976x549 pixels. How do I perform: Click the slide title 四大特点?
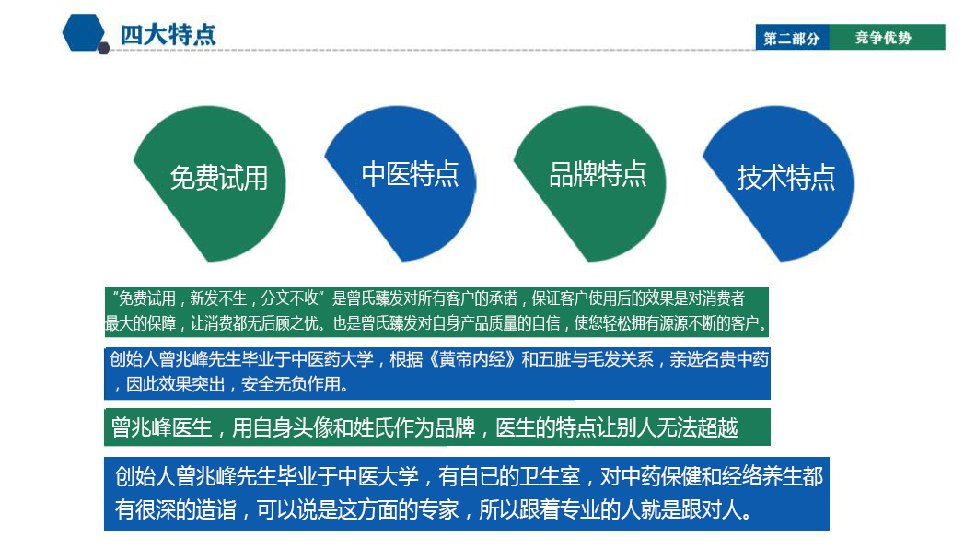(x=168, y=35)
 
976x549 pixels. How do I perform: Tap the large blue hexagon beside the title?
(x=84, y=31)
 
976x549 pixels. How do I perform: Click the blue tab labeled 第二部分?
(x=792, y=38)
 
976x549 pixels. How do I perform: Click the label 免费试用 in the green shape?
(x=219, y=178)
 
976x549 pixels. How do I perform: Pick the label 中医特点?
(x=410, y=174)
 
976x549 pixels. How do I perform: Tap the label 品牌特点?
(x=598, y=174)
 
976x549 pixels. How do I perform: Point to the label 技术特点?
(x=786, y=178)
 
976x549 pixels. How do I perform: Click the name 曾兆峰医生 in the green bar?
(x=161, y=427)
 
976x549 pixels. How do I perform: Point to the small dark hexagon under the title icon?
(x=103, y=48)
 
